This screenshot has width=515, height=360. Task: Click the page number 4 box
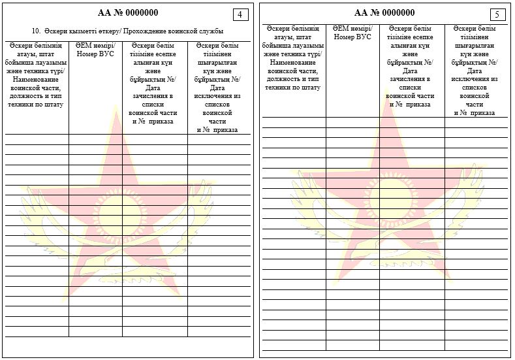point(241,14)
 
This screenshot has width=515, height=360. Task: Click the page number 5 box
point(497,14)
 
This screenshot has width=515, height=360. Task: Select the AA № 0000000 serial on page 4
point(128,12)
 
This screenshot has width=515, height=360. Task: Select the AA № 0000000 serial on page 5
point(384,12)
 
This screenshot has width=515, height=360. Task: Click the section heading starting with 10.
point(128,31)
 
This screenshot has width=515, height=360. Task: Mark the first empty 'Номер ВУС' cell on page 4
point(95,139)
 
